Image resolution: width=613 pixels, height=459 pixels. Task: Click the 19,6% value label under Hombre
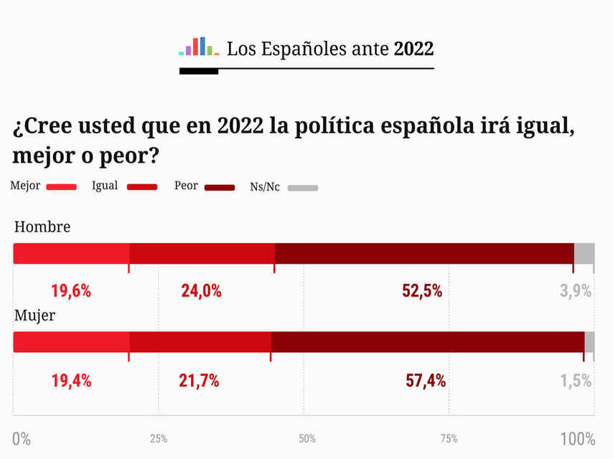[x=71, y=291]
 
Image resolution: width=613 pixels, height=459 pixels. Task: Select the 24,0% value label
[x=201, y=291]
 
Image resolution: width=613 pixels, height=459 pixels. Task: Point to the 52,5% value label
[x=422, y=291]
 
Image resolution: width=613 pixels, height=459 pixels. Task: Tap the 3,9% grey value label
[x=576, y=291]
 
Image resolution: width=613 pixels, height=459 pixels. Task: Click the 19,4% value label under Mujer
[x=71, y=381]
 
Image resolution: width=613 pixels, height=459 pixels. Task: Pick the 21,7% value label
[x=199, y=381]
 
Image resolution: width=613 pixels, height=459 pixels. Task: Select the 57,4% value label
[x=426, y=381]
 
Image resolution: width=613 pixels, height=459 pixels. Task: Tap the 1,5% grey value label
[x=576, y=381]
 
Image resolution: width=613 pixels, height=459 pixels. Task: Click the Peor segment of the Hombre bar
[x=424, y=254]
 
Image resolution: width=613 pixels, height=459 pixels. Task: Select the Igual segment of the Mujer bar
[x=200, y=342]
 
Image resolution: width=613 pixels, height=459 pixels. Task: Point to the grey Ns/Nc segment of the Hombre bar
[x=584, y=254]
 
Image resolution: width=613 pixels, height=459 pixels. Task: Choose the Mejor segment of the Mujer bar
[x=71, y=342]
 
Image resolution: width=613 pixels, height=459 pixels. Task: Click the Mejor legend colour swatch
[x=61, y=188]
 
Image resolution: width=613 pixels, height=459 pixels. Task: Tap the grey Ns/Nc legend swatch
[x=303, y=188]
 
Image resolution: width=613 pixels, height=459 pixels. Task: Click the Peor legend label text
[x=186, y=186]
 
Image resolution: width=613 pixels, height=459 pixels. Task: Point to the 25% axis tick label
[x=159, y=439]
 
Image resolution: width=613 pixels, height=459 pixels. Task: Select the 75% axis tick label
[x=449, y=439]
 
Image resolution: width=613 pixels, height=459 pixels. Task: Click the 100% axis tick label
[x=578, y=439]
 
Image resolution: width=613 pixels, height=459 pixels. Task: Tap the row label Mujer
[x=35, y=316]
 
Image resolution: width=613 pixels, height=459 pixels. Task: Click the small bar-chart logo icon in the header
[x=199, y=47]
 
